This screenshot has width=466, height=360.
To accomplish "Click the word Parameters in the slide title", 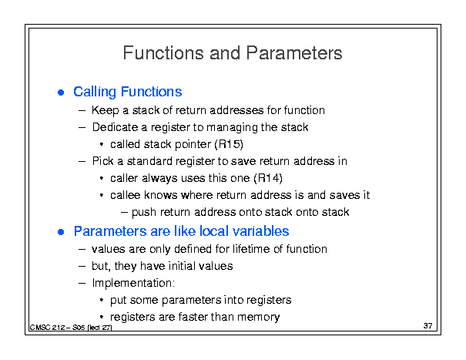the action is click(x=294, y=53).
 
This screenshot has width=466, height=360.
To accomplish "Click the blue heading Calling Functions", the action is click(x=128, y=92).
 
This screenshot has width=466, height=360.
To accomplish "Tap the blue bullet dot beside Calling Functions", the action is click(x=61, y=93).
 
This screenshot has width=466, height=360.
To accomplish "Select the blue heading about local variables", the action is click(x=181, y=231).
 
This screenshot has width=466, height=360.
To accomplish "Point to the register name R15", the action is click(x=229, y=144).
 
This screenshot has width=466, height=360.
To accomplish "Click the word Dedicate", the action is click(x=115, y=127).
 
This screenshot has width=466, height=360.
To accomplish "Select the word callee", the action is click(x=125, y=195).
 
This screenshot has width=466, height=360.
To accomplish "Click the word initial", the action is click(x=182, y=266).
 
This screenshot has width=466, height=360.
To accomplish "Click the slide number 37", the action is click(x=428, y=326).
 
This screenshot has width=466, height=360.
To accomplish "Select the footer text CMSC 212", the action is click(x=48, y=328).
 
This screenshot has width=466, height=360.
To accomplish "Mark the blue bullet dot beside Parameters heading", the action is click(x=61, y=232).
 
